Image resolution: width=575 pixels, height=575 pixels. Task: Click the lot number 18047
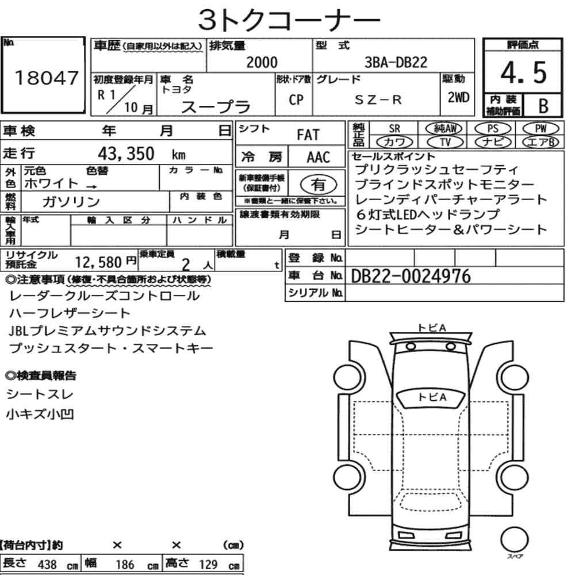tap(47, 78)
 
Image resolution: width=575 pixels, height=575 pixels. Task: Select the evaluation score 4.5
tap(523, 72)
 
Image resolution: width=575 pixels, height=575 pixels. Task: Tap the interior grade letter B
tap(543, 106)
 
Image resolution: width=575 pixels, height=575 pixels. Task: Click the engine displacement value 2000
tap(262, 62)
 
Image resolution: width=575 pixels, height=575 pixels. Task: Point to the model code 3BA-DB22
tap(396, 62)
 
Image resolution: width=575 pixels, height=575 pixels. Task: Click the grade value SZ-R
tap(378, 99)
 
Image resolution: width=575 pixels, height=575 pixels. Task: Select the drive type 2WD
tap(458, 97)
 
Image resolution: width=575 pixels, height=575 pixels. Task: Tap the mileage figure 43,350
tap(126, 154)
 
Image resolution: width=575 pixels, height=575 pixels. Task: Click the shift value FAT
tap(308, 135)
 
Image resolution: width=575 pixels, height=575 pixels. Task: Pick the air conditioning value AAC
tap(319, 158)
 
